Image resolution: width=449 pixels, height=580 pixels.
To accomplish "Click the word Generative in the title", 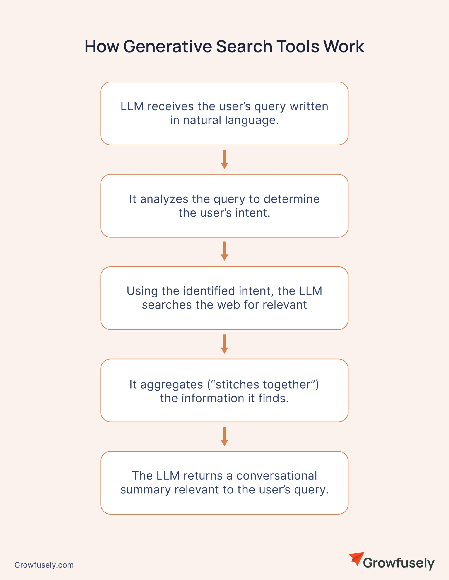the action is click(168, 46).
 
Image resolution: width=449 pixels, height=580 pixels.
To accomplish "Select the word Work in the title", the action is click(344, 46).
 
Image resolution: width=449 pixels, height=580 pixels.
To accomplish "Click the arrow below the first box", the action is click(225, 159).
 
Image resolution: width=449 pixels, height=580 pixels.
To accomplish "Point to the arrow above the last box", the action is click(225, 436).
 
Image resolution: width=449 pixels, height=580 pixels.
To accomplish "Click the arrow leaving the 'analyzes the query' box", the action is click(225, 251).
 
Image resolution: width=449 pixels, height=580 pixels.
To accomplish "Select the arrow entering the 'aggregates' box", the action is click(225, 344).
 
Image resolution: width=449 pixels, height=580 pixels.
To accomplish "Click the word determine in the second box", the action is click(292, 199).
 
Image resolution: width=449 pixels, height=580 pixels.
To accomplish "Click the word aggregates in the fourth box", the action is click(172, 385).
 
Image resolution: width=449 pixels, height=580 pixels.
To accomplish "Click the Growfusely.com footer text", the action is click(44, 565).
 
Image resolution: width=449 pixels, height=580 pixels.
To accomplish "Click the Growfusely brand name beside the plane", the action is click(399, 563).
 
